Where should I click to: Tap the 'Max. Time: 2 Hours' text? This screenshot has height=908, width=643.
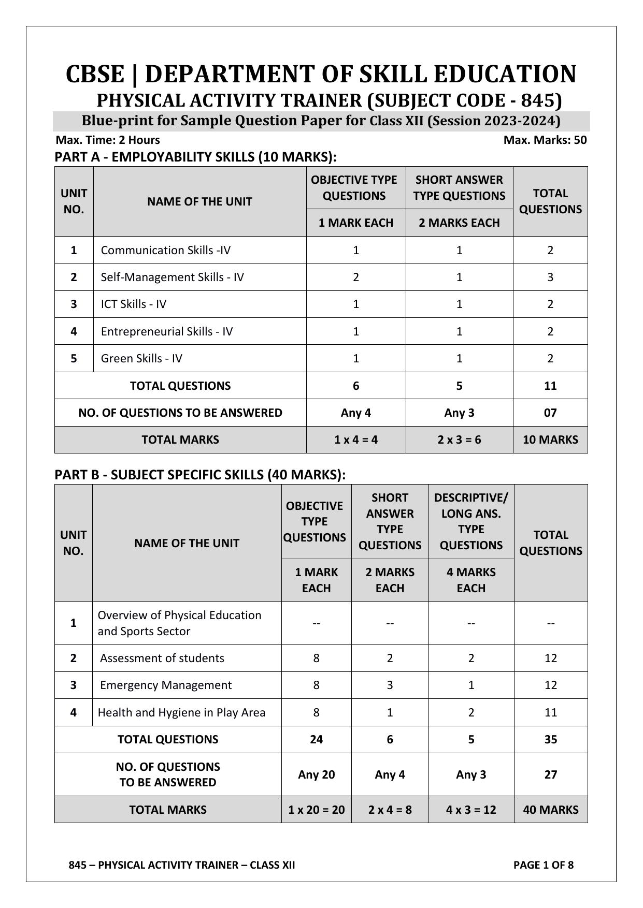point(108,140)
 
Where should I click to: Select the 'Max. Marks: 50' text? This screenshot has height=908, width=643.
point(545,140)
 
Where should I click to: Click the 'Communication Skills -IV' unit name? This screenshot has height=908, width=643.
point(165,250)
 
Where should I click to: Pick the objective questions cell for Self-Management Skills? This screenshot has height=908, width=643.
point(355,277)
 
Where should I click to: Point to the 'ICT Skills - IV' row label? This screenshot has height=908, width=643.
point(133,304)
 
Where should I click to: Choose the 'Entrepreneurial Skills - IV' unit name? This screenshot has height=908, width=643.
point(166,331)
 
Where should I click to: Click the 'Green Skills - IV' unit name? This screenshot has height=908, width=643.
point(141,358)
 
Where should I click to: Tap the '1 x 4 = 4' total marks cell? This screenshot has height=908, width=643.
point(355,440)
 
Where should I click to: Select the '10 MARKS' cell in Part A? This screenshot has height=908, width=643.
point(550,440)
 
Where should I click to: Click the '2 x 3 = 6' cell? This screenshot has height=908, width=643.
point(459,440)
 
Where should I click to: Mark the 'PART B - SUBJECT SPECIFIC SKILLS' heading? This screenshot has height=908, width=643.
point(200,475)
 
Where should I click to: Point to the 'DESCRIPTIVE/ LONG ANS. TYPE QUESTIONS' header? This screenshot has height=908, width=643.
point(471,521)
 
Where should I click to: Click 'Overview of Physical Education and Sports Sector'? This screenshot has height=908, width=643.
point(179,623)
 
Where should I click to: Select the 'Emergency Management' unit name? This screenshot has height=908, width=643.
point(166,685)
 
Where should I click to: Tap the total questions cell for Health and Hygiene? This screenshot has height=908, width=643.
point(550,712)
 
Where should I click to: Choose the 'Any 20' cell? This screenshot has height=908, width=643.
point(316,774)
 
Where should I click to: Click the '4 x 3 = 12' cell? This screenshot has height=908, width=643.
point(471,810)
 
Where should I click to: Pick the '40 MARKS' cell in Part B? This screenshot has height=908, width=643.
point(550,810)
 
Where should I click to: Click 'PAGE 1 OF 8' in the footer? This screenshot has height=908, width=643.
point(543,865)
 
